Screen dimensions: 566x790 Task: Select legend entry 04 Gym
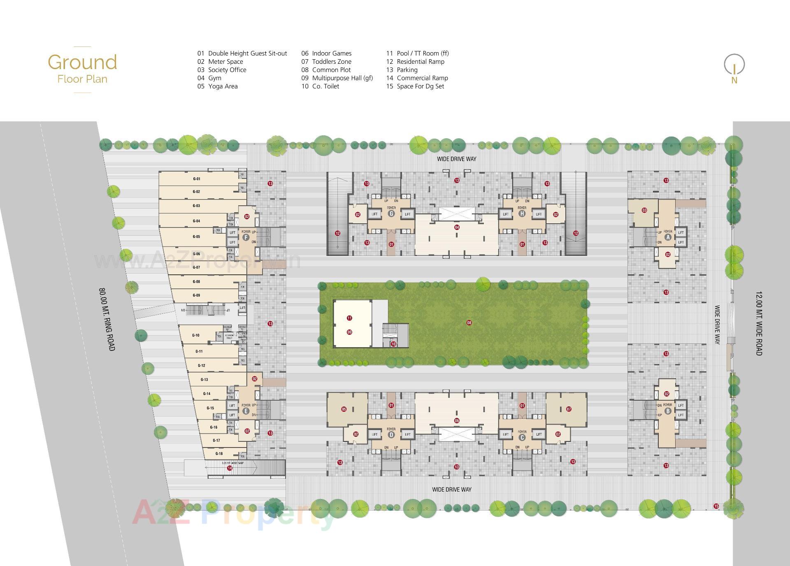tap(209, 78)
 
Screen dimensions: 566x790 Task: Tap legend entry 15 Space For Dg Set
tap(415, 86)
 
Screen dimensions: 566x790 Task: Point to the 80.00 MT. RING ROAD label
tap(107, 319)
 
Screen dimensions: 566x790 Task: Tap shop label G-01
tap(196, 179)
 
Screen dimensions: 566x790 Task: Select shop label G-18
tap(219, 454)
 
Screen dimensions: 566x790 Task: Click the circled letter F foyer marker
tap(246, 237)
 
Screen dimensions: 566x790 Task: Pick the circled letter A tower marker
tap(668, 237)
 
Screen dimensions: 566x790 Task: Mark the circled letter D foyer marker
tap(391, 435)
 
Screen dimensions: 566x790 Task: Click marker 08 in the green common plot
tap(469, 323)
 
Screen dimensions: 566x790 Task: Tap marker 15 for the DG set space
tap(716, 506)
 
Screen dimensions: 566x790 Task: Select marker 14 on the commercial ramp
tap(230, 468)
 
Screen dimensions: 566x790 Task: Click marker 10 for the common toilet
tap(393, 344)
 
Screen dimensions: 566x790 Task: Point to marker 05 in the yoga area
tap(344, 409)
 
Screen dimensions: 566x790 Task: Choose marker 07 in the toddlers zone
tap(569, 409)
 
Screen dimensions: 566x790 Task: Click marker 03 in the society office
tap(644, 210)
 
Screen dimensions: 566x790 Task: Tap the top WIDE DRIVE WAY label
tap(456, 159)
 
